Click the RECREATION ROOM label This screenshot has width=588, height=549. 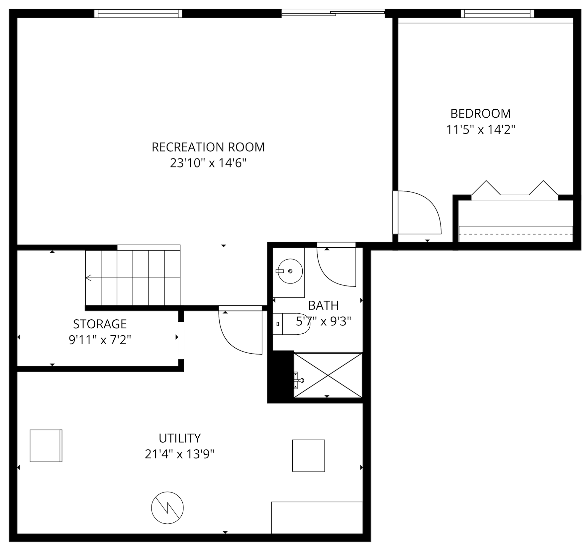tap(208, 147)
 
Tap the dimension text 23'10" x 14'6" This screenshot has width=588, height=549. tap(208, 163)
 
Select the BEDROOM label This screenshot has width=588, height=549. tap(480, 114)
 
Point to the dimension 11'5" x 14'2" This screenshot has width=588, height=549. tap(480, 130)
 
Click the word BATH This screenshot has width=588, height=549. tap(323, 305)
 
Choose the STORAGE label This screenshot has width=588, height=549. tap(100, 324)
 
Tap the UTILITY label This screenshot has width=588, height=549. tap(180, 438)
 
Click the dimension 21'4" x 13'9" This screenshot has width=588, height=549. tap(179, 454)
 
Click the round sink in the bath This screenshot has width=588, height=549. tap(290, 271)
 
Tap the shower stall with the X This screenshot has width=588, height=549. tap(328, 375)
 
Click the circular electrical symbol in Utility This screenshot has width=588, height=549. tap(167, 508)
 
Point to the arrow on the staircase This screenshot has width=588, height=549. tap(89, 278)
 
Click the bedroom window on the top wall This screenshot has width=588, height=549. tap(497, 13)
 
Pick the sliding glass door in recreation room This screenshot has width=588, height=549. tap(333, 14)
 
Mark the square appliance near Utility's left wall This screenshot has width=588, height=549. tap(46, 446)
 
